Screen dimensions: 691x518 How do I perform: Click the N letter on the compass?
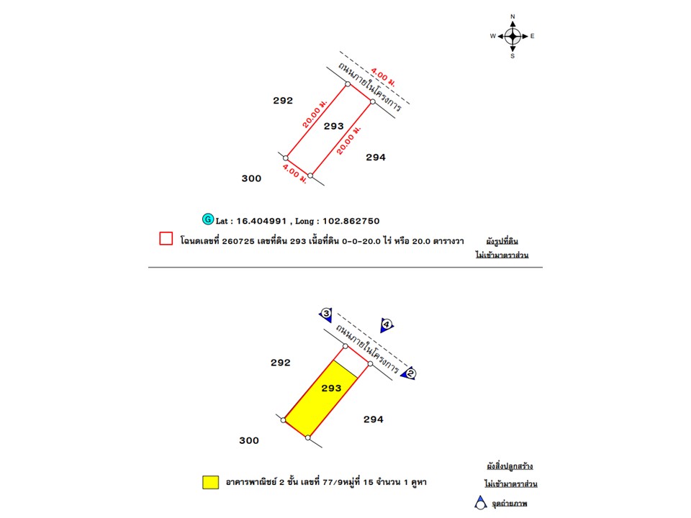[512, 17]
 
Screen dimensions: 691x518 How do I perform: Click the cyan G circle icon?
[207, 219]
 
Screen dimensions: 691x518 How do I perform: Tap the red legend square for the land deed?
[166, 238]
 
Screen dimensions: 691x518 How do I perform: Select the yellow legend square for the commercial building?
[211, 482]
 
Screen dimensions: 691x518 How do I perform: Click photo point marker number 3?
[326, 314]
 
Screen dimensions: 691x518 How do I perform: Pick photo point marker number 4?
[387, 325]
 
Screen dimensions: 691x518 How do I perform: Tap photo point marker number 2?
[409, 373]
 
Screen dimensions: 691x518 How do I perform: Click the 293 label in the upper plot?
[333, 127]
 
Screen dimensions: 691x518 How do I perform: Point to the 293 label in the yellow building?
[331, 388]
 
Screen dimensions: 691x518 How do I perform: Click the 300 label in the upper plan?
[252, 178]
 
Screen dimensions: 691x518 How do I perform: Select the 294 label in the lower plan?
[374, 419]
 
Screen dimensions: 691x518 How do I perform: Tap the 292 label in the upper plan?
[283, 101]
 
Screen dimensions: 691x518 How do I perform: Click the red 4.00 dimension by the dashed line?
[383, 77]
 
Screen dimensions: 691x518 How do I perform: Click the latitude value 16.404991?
[261, 221]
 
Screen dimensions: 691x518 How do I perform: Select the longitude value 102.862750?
[351, 221]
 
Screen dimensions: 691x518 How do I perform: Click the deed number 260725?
[238, 242]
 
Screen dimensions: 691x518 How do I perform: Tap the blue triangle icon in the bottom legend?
[480, 503]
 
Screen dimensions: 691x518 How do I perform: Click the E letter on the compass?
[533, 36]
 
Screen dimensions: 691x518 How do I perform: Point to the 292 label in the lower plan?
[281, 363]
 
